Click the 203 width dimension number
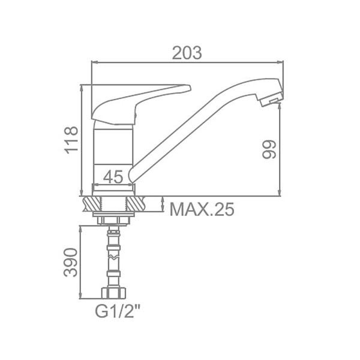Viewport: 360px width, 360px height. click(187, 53)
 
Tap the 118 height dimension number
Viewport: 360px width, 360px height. click(71, 140)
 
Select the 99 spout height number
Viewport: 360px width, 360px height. click(269, 149)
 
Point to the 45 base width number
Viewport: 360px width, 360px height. click(113, 177)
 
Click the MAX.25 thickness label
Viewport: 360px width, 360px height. click(202, 209)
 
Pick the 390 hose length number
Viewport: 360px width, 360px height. click(70, 262)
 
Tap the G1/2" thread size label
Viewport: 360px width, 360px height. click(118, 311)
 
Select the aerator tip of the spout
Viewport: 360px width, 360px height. click(271, 99)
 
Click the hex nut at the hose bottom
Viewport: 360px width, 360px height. click(113, 293)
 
